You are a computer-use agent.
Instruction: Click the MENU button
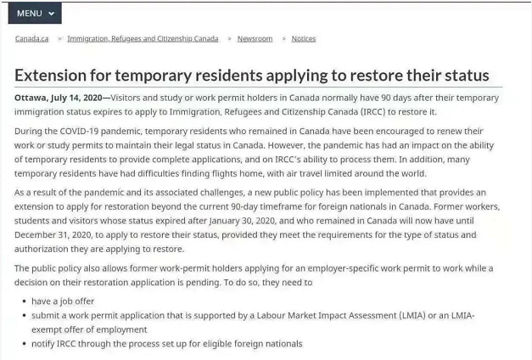tap(35, 14)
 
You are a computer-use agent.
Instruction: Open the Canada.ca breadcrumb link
tap(31, 39)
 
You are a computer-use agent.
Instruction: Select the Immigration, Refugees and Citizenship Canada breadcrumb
tap(143, 39)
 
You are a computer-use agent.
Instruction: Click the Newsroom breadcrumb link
tap(255, 39)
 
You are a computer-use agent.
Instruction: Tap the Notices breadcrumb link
tap(303, 39)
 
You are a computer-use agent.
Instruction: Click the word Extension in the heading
tap(54, 75)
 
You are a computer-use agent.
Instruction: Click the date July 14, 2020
tap(76, 98)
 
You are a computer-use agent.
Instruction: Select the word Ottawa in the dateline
tap(31, 98)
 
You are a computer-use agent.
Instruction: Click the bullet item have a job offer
tap(63, 301)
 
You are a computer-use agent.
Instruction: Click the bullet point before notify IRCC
tap(23, 344)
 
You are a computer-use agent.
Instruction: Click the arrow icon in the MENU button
tap(51, 14)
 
